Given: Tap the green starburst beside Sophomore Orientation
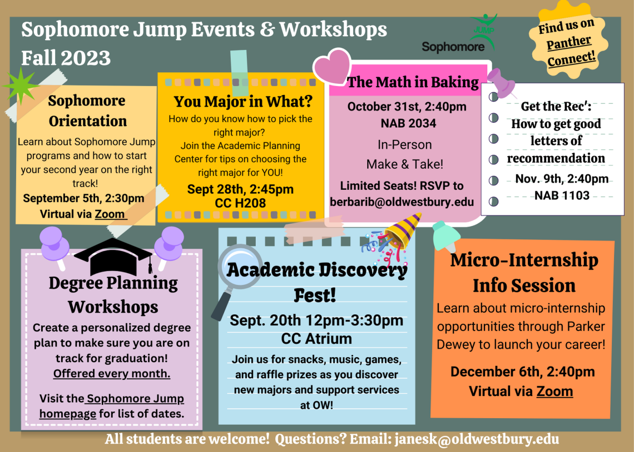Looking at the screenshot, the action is (x=21, y=86).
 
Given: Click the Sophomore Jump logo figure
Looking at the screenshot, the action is (x=484, y=31).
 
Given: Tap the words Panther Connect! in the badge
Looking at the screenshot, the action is (x=571, y=50).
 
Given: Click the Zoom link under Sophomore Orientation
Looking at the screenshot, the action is (x=110, y=214).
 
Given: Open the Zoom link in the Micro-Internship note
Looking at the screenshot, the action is (x=554, y=391).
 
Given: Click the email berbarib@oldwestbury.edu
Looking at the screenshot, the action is (x=402, y=202).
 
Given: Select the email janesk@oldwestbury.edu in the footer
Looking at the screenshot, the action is (x=477, y=439).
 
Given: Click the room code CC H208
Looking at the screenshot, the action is (x=240, y=203).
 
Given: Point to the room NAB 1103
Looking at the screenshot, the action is (x=562, y=195).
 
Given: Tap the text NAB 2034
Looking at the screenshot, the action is (x=408, y=123).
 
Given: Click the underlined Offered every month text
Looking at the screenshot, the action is (x=112, y=374).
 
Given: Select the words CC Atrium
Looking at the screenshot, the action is (x=316, y=339).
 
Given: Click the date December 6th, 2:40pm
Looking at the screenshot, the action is (x=522, y=371).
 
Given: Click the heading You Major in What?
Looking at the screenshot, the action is (x=243, y=102).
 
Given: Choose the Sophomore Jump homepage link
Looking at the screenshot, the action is (x=112, y=406).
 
